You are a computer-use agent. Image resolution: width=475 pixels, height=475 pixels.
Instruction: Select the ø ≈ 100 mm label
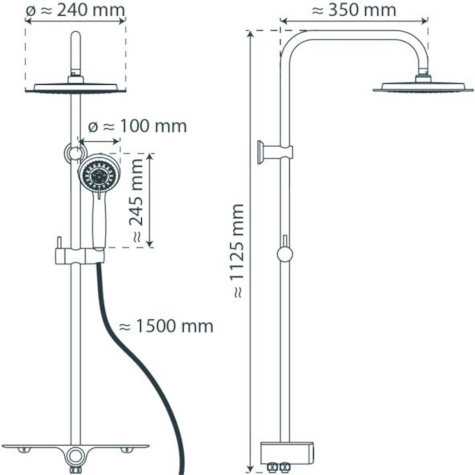coord(137,126)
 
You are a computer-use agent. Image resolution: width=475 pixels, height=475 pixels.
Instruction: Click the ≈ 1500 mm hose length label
coord(166,327)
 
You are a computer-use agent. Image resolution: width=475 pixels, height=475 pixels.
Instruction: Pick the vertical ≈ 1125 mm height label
coord(238,251)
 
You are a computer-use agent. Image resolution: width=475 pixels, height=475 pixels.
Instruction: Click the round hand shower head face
coord(99,174)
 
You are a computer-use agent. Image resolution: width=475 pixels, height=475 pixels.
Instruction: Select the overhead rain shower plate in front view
coord(76,88)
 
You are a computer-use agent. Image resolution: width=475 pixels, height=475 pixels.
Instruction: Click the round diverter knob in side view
coord(285,254)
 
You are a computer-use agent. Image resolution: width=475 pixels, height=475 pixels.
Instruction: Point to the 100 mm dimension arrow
coord(99,141)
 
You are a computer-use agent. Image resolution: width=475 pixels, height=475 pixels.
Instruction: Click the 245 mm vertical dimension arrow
coord(150,201)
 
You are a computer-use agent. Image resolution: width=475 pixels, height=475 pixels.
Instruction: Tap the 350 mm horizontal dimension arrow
coord(354,21)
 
